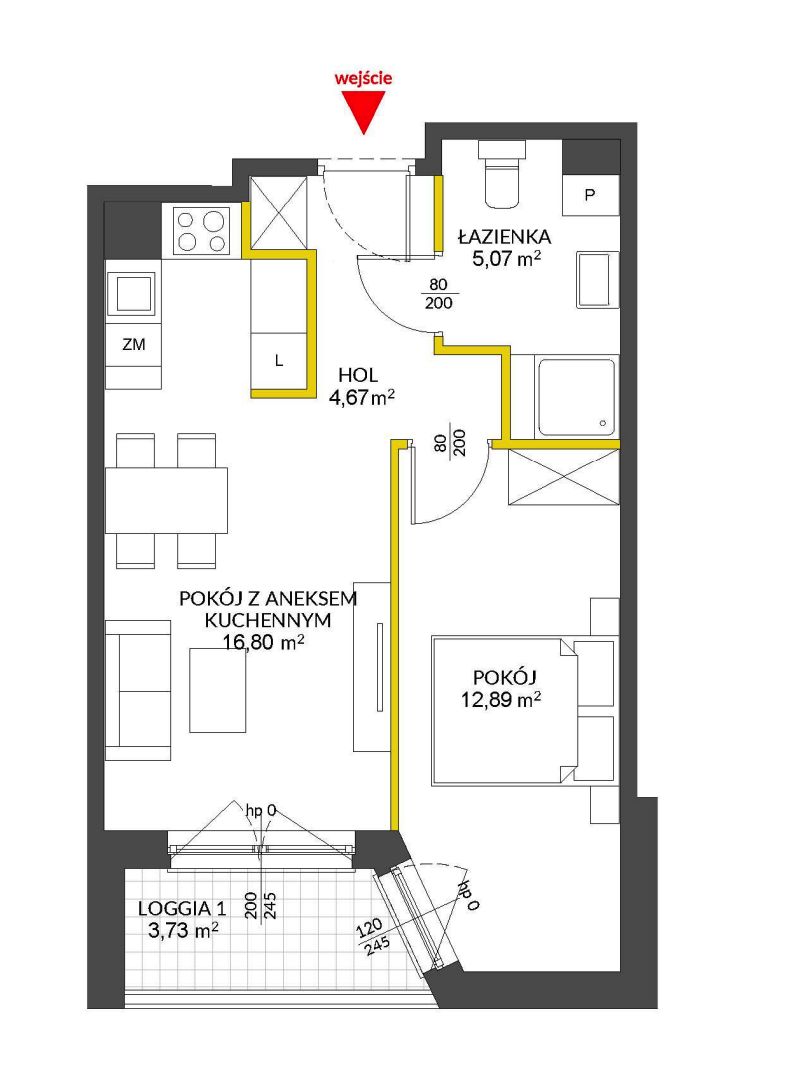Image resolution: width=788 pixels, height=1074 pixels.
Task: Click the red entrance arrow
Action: click(363, 111)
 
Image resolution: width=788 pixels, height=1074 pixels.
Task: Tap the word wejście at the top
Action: click(363, 77)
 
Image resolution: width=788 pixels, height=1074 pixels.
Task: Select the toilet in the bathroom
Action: click(504, 174)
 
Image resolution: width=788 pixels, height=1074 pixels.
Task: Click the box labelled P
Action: click(590, 195)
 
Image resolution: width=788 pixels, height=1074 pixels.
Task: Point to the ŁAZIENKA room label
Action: click(505, 237)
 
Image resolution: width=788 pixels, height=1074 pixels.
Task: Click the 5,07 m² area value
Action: click(506, 259)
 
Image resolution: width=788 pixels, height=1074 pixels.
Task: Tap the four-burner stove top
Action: click(202, 231)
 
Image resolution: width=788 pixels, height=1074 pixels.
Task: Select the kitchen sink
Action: click(134, 294)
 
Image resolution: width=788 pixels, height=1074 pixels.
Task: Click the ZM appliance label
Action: click(134, 345)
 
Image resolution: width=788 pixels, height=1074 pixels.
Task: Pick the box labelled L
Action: click(279, 361)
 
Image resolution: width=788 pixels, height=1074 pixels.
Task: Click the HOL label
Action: click(358, 375)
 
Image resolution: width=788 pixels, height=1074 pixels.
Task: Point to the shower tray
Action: click(576, 396)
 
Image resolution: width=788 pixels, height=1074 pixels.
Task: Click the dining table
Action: click(167, 500)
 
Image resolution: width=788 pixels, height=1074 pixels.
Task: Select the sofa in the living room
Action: click(138, 690)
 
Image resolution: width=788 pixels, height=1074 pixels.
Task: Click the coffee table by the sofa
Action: click(217, 690)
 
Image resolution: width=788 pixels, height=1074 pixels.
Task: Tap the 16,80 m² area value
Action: click(264, 642)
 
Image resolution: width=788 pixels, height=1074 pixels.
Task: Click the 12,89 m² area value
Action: click(501, 700)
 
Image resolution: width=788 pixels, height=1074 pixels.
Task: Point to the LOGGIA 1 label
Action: click(182, 909)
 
